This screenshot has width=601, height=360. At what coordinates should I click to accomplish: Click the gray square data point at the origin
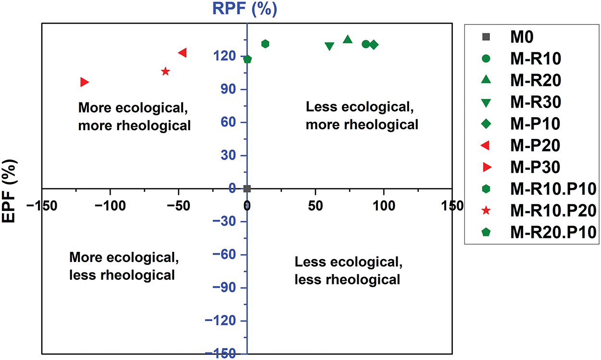pos(247,188)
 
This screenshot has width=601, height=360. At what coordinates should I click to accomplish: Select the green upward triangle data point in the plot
pos(348,39)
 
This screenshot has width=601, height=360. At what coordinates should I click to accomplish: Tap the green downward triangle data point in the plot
pos(329,46)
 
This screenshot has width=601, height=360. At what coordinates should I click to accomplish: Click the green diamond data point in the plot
pos(374,45)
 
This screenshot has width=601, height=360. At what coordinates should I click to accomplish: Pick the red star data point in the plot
pos(165,71)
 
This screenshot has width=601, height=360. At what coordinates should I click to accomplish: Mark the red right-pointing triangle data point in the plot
pos(85,82)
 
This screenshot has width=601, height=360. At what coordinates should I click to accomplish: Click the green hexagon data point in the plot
pos(265,44)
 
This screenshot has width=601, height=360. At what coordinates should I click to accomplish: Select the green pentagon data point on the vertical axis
pos(248,59)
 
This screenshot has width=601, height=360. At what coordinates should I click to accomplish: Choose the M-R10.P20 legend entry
pos(539,211)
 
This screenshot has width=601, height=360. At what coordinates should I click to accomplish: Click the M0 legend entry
pos(508,37)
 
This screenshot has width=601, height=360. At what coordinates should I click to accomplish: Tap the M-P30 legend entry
pos(521,167)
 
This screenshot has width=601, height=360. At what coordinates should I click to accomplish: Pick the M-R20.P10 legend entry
pos(539,232)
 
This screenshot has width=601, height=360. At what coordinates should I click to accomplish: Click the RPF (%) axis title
pos(244,9)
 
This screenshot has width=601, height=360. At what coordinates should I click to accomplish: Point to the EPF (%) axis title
pos(9,191)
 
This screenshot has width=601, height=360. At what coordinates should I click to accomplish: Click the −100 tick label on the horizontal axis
pos(110,206)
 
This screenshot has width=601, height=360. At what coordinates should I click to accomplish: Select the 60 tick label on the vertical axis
pos(228,123)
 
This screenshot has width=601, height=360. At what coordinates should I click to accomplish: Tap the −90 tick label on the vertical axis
pos(224,287)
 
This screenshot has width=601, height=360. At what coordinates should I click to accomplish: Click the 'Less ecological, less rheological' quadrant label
pos(348,271)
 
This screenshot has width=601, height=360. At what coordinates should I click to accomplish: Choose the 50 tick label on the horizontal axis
pos(315,206)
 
